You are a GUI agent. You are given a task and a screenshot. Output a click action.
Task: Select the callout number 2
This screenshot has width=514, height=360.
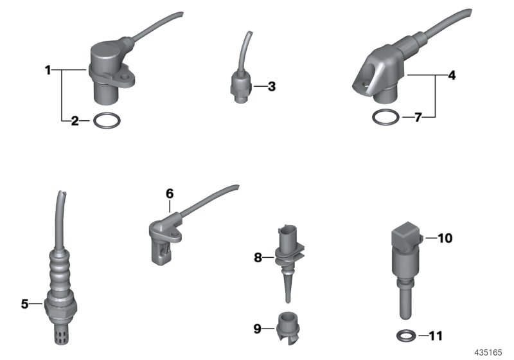(75, 120)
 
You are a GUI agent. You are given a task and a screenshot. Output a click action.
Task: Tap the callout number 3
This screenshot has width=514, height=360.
(271, 86)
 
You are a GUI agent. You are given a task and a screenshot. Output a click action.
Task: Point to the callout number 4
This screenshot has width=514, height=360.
(452, 76)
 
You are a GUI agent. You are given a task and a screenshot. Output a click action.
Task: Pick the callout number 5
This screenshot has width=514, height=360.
(24, 303)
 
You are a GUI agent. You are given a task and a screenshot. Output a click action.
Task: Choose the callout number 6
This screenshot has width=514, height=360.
(170, 193)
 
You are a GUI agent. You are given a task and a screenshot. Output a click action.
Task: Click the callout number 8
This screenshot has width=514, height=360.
(258, 258)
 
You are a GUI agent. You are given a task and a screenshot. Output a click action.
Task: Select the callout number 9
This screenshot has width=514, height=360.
(258, 328)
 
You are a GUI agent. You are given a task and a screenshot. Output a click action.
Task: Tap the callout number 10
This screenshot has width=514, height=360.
(445, 239)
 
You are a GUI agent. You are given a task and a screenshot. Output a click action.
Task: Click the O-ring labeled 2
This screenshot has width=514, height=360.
(105, 120)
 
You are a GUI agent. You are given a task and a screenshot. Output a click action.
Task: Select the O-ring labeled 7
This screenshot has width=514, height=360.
(384, 118)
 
